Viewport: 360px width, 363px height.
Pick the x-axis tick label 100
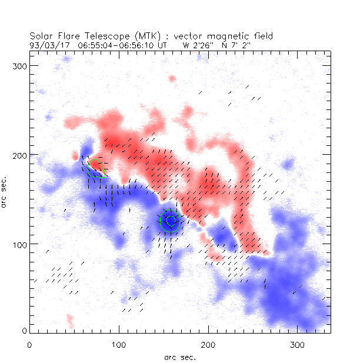[x=119, y=344]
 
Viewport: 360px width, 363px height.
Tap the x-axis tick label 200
[x=208, y=344]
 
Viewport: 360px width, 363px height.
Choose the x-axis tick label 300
[x=298, y=344]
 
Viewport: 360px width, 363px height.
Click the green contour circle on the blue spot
[x=170, y=221]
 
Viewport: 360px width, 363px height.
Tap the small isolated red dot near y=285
[x=172, y=78]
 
